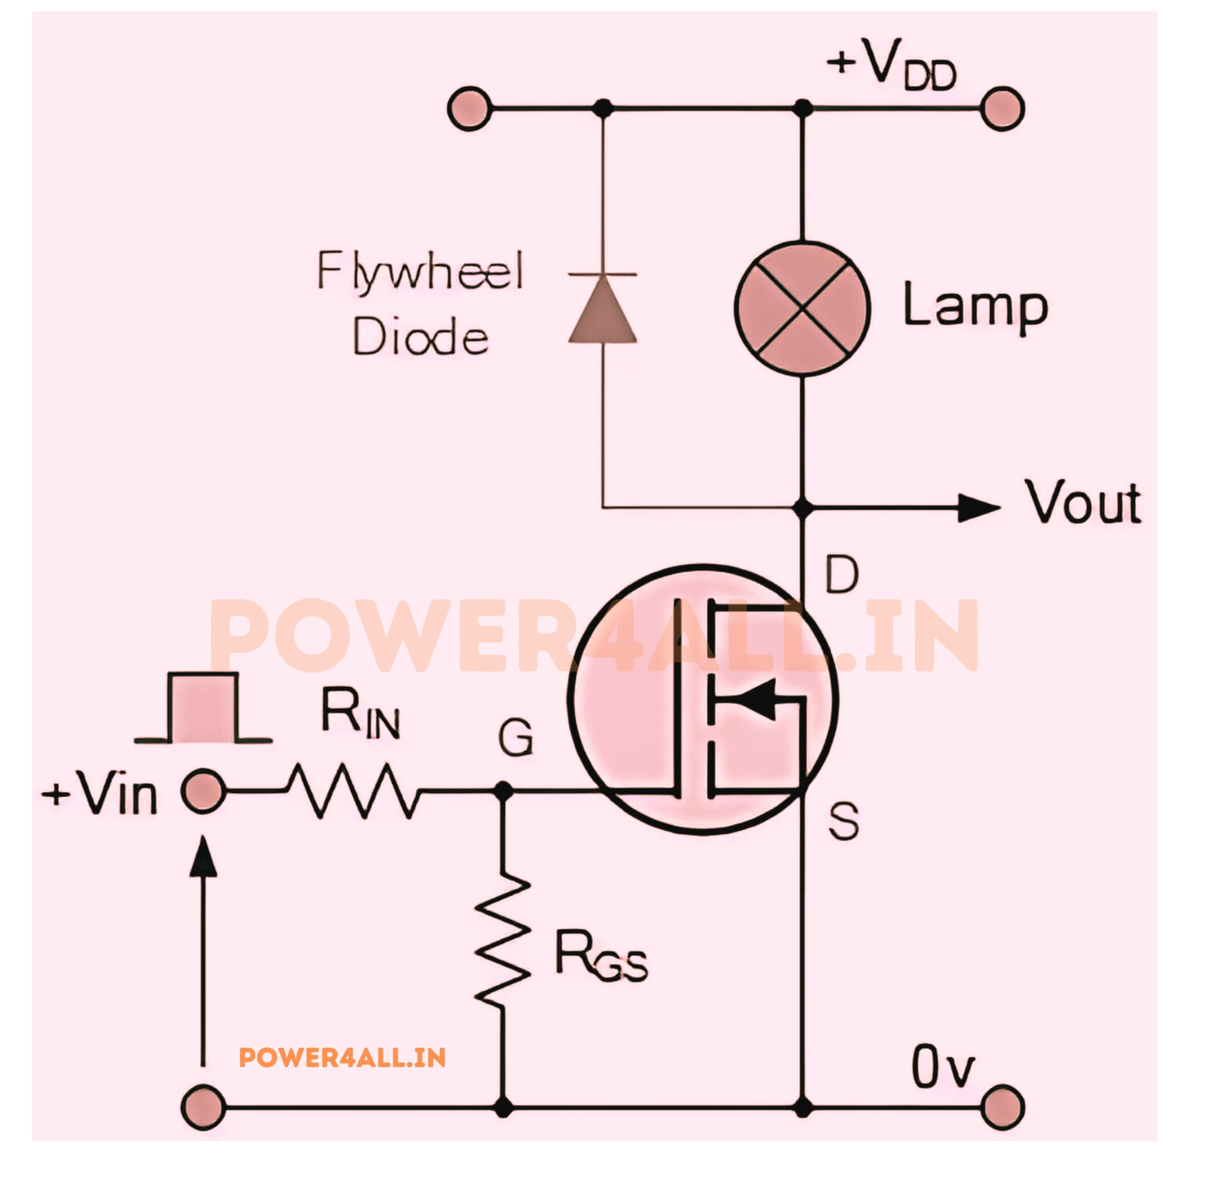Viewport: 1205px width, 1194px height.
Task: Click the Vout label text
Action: pyautogui.click(x=1083, y=503)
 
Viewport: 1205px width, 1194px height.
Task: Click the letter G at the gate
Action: pyautogui.click(x=516, y=738)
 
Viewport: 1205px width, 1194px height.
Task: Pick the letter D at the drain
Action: pyautogui.click(x=841, y=575)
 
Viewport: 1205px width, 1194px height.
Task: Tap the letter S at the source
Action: pyautogui.click(x=843, y=820)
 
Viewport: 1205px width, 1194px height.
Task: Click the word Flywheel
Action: pyautogui.click(x=420, y=271)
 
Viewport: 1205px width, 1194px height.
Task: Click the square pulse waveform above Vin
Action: pyautogui.click(x=203, y=708)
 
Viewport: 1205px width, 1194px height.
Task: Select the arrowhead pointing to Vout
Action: pyautogui.click(x=978, y=508)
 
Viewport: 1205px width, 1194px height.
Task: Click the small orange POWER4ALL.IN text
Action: pyautogui.click(x=343, y=1058)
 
